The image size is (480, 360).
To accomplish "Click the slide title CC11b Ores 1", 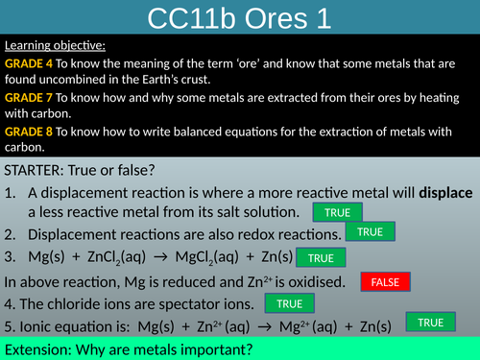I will coord(239,17).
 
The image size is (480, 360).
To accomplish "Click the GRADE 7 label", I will coord(29,97).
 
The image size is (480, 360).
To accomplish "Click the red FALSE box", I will coord(385,282).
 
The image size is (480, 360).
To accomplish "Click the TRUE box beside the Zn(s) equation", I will coord(321,257).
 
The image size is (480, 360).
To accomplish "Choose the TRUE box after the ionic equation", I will coord(431,323).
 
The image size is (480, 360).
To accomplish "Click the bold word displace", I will coord(444,192).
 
